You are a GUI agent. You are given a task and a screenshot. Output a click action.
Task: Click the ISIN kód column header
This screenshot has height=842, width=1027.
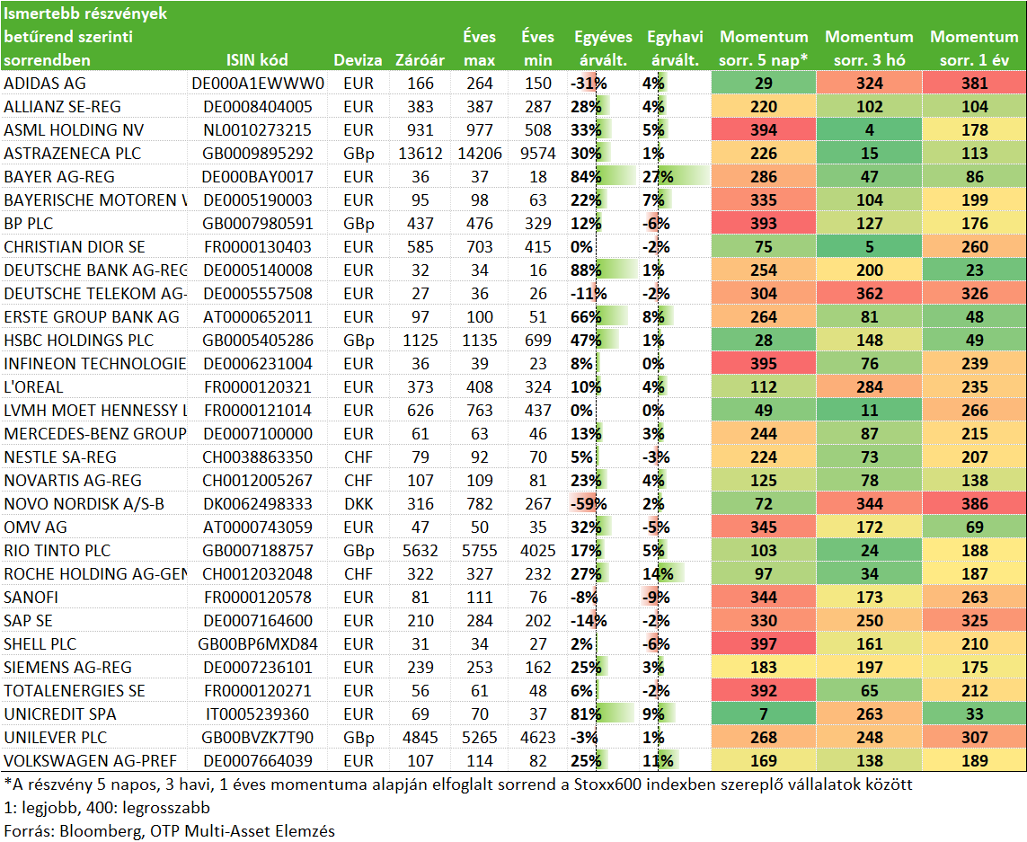pyautogui.click(x=257, y=60)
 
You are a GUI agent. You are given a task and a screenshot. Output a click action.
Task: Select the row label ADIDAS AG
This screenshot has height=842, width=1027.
pyautogui.click(x=45, y=84)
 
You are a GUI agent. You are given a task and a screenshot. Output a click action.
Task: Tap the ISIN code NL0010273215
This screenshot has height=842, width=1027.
pyautogui.click(x=257, y=130)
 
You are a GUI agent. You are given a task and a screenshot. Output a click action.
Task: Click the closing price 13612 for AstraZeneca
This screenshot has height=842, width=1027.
pyautogui.click(x=420, y=154)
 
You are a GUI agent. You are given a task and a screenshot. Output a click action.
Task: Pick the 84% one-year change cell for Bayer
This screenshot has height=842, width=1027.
pyautogui.click(x=586, y=177)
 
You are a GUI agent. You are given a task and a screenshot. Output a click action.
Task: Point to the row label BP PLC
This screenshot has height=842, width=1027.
pyautogui.click(x=28, y=224)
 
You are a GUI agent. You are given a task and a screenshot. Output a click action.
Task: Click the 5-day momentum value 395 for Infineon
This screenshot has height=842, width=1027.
pyautogui.click(x=764, y=364)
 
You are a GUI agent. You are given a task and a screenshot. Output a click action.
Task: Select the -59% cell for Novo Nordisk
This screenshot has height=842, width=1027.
pyautogui.click(x=589, y=504)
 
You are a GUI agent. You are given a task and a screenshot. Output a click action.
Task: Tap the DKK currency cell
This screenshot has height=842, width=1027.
pyautogui.click(x=359, y=504)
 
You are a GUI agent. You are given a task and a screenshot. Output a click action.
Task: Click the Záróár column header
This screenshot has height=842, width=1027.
pyautogui.click(x=420, y=60)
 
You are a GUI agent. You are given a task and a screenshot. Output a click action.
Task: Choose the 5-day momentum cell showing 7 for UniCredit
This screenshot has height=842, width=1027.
pyautogui.click(x=764, y=715)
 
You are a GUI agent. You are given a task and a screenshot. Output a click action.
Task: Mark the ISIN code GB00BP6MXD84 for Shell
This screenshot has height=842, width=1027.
pyautogui.click(x=257, y=645)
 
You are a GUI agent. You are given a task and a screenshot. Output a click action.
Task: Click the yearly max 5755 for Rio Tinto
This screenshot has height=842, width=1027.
pyautogui.click(x=480, y=551)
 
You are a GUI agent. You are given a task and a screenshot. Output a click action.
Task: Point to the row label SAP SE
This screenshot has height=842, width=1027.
pyautogui.click(x=28, y=621)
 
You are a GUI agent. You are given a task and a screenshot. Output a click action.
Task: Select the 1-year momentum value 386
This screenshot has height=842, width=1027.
pyautogui.click(x=975, y=504)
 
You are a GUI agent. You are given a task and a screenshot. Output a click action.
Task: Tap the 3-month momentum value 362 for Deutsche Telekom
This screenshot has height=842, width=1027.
pyautogui.click(x=869, y=294)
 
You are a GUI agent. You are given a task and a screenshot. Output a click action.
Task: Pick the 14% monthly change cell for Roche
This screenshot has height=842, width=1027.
pyautogui.click(x=658, y=574)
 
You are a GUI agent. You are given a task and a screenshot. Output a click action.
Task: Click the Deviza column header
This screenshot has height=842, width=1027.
pyautogui.click(x=358, y=60)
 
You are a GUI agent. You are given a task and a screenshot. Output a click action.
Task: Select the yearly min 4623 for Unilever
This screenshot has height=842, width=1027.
pyautogui.click(x=537, y=739)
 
